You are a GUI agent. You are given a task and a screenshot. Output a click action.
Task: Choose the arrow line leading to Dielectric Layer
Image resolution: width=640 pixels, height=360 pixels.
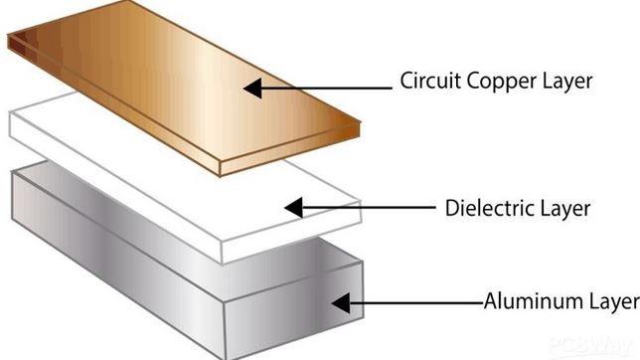[368, 209]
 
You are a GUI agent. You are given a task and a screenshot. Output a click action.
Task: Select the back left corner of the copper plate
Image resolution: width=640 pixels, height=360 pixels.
[12, 40]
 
